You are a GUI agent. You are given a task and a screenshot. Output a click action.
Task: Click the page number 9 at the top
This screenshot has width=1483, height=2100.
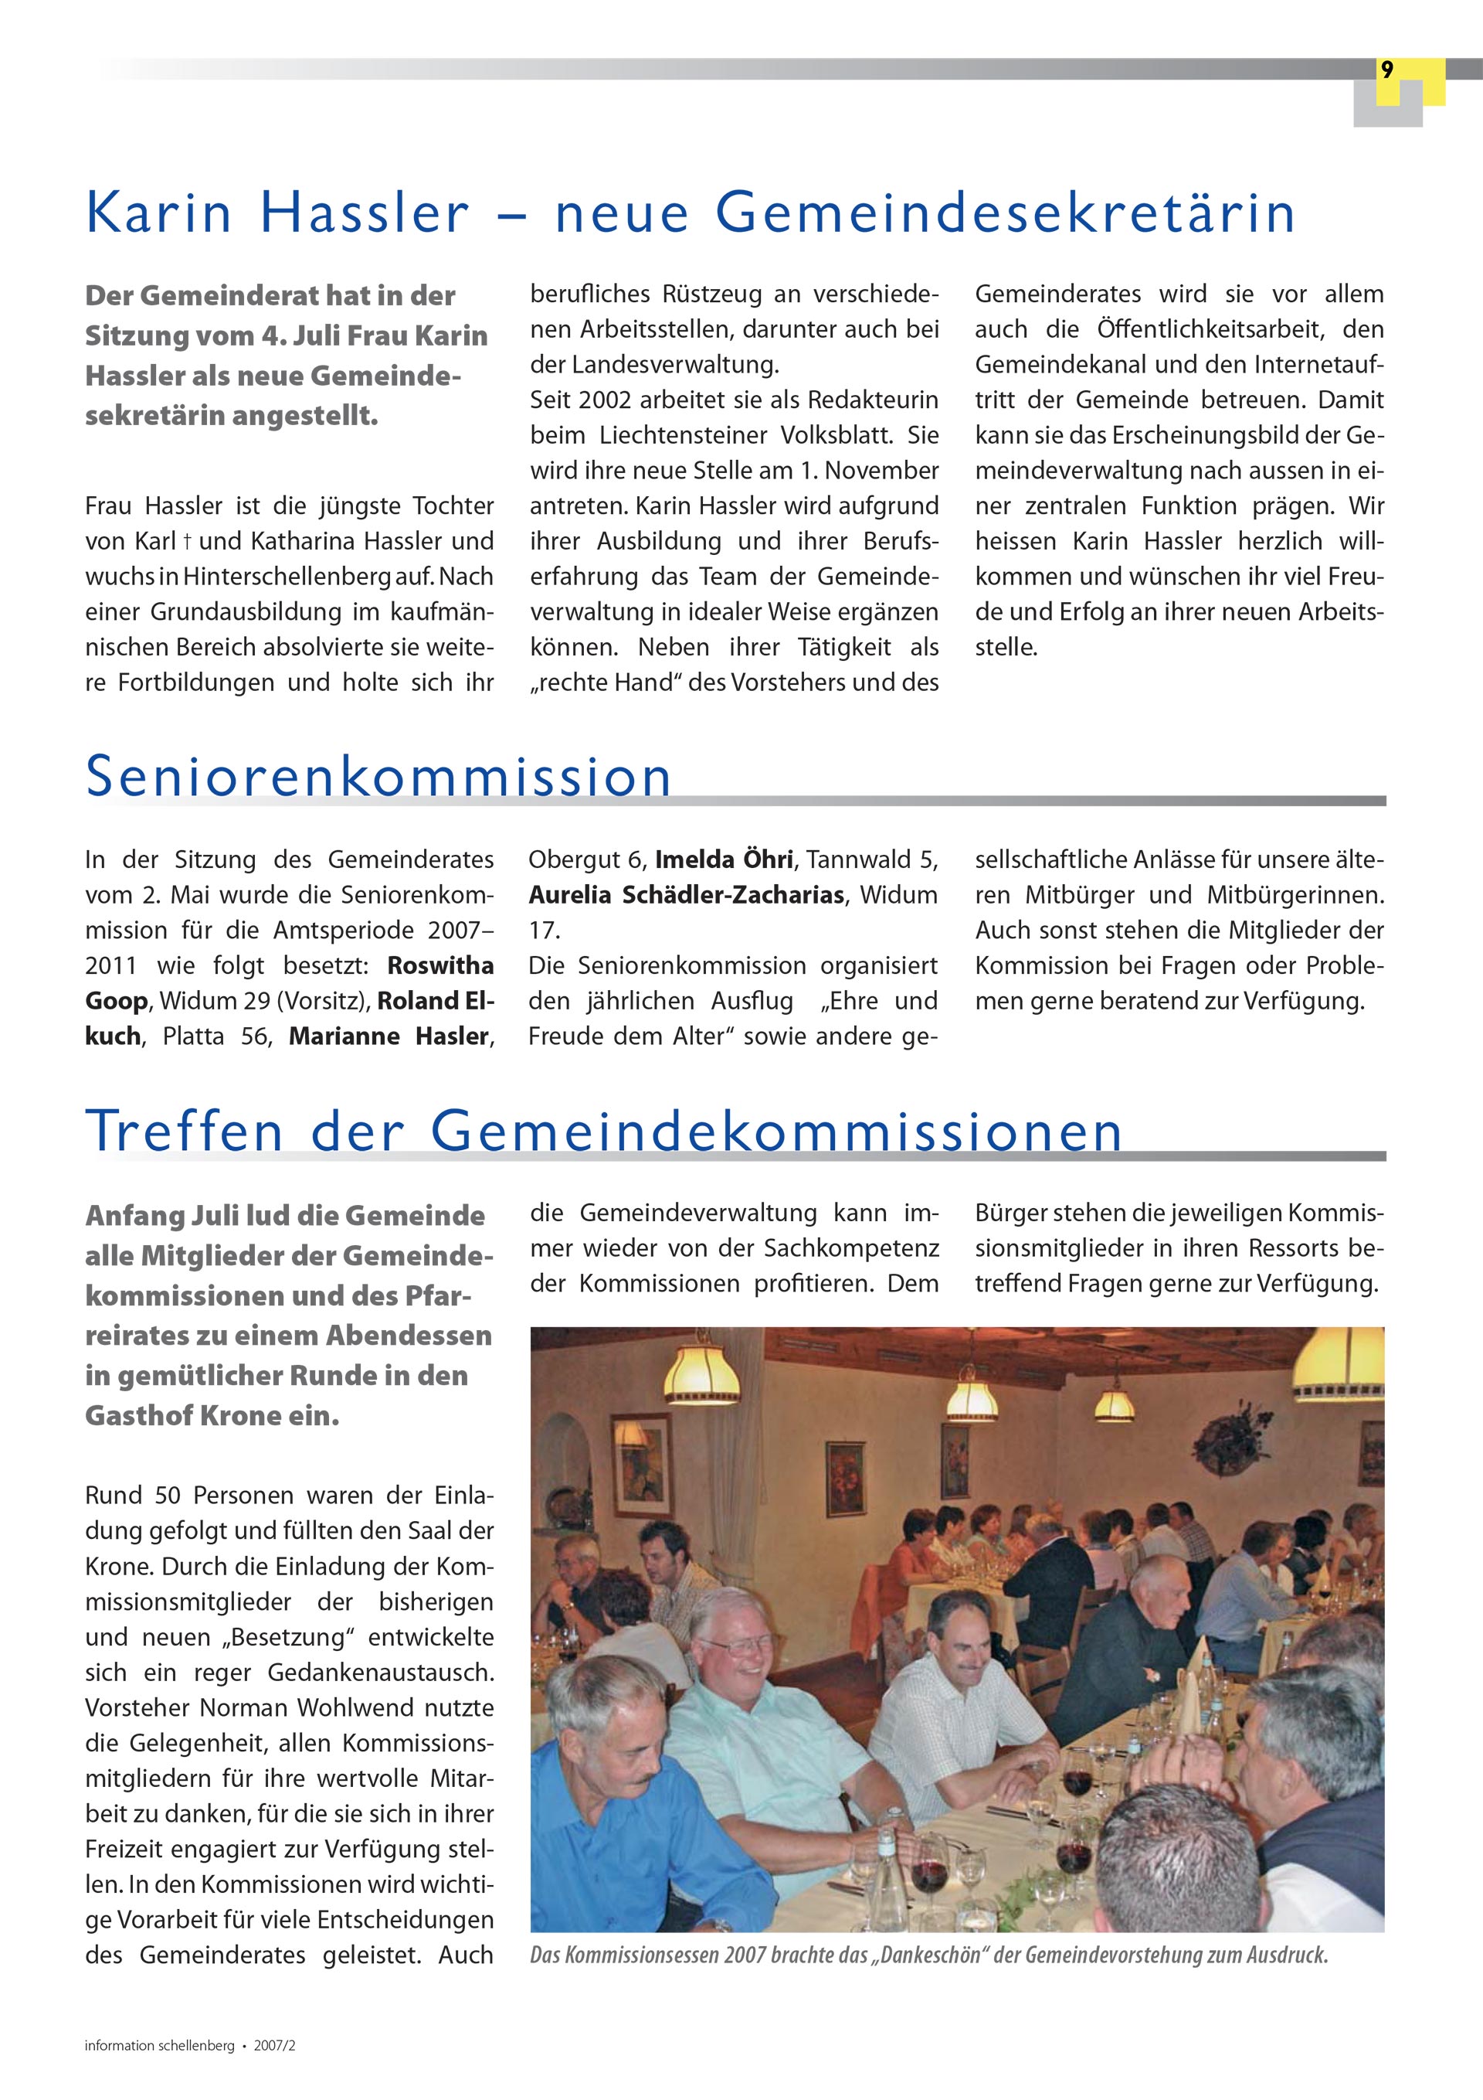coord(1387,70)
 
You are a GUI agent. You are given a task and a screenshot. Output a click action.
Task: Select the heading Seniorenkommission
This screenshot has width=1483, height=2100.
coord(378,777)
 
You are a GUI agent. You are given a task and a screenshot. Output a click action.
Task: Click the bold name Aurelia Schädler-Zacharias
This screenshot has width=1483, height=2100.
coord(686,894)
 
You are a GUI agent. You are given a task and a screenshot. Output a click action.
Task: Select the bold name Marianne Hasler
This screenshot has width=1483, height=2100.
coord(390,1036)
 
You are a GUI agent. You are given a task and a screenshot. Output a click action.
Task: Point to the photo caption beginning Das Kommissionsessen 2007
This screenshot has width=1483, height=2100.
coord(927,1955)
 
